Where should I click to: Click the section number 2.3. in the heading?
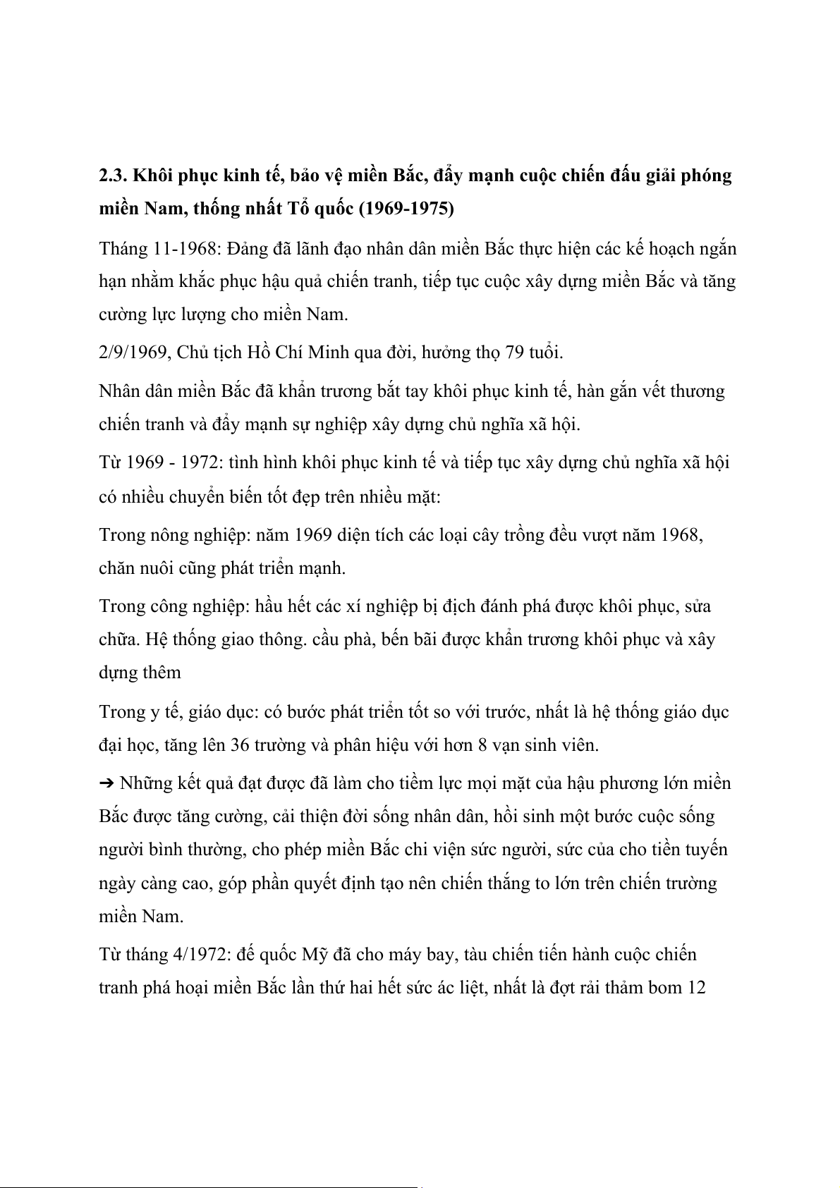point(113,176)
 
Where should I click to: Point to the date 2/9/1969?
point(132,353)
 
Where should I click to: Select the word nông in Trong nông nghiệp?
point(169,534)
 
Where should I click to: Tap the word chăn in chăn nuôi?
point(116,568)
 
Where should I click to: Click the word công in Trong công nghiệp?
point(169,606)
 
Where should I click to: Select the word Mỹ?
point(311,955)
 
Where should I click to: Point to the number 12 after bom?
point(696,988)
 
